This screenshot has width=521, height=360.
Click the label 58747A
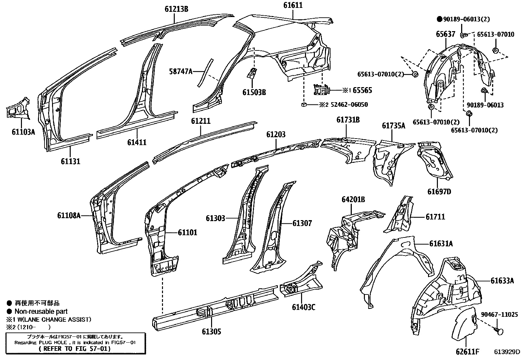tap(181, 71)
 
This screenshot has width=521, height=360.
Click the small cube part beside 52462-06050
tap(304, 104)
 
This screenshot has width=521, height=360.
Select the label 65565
tap(362, 90)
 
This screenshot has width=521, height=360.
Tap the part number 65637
tap(445, 34)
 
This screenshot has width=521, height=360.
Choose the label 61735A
tap(393, 125)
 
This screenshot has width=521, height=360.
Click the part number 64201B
tap(353, 199)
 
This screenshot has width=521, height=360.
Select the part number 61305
tap(211, 332)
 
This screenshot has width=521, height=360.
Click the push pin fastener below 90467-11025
tap(499, 331)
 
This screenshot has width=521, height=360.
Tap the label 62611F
tap(467, 352)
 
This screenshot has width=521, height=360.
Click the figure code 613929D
tap(507, 352)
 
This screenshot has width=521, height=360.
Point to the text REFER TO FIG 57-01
tap(75, 349)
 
